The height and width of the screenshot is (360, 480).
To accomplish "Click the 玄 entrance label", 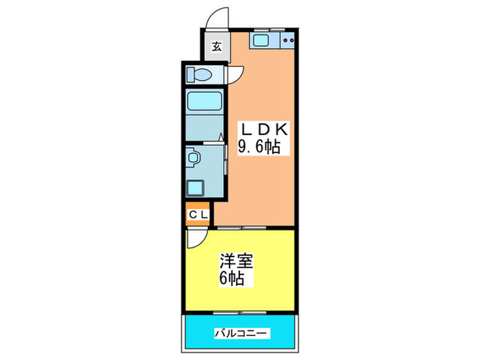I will click(216, 47).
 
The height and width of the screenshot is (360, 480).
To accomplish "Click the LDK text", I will click(265, 129).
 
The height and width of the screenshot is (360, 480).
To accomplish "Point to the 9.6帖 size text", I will click(260, 146).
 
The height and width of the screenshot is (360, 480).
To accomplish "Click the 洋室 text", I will click(237, 262).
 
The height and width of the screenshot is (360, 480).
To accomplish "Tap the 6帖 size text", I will click(232, 279).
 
